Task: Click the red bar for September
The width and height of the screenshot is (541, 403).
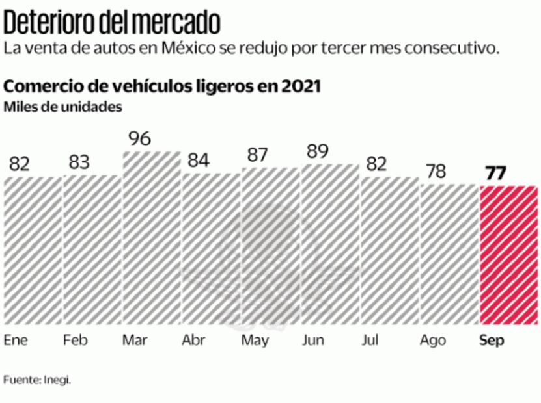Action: tap(508, 255)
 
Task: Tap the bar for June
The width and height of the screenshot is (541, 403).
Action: tap(330, 244)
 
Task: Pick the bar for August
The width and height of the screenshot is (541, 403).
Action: tap(449, 254)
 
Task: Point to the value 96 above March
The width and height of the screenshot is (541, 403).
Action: tap(139, 138)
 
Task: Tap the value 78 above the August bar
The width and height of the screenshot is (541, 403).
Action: tap(437, 172)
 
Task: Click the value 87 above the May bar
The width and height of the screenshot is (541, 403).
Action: tap(258, 155)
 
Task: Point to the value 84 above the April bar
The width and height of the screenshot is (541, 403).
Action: tap(199, 159)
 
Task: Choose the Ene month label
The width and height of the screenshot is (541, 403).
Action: tap(16, 341)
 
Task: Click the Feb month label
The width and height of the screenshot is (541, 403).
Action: tap(76, 341)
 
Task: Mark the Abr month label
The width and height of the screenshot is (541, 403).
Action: tap(195, 341)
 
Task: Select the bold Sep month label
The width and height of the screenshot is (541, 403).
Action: tap(492, 341)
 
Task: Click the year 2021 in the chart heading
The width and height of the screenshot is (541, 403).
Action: tap(301, 86)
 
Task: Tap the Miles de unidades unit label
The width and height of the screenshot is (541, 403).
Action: tap(63, 108)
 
